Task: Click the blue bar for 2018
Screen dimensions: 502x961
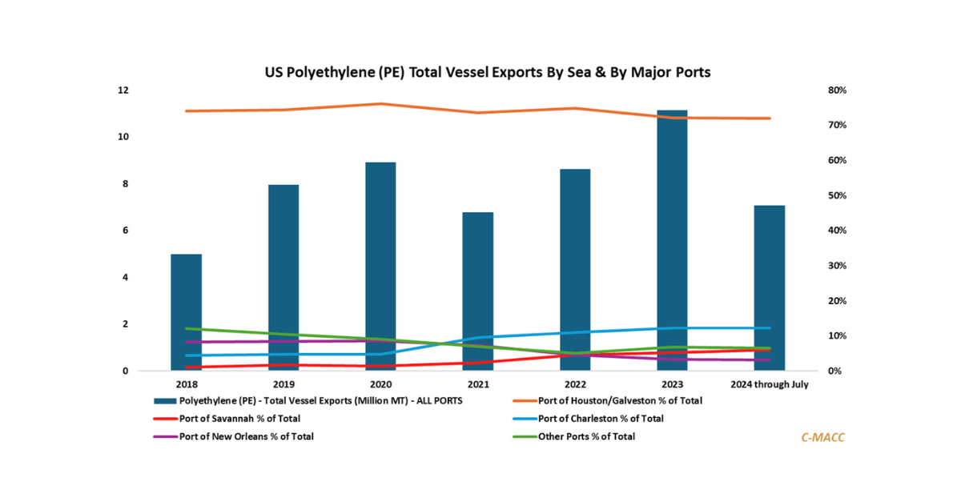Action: (186, 312)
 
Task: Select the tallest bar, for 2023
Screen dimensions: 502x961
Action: (672, 240)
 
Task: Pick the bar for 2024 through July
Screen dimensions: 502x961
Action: (769, 288)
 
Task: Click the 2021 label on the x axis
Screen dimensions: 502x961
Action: (478, 384)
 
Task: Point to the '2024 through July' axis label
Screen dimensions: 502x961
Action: (770, 384)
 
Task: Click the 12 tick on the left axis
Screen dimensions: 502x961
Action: (123, 90)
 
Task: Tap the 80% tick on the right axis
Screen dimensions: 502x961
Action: (838, 90)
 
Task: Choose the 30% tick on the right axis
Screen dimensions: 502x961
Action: (838, 266)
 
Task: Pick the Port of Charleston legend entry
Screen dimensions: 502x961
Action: (601, 418)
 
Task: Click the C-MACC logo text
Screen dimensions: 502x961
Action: (822, 437)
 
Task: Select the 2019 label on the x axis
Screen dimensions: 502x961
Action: (283, 384)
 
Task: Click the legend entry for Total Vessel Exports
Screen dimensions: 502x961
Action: (320, 400)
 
